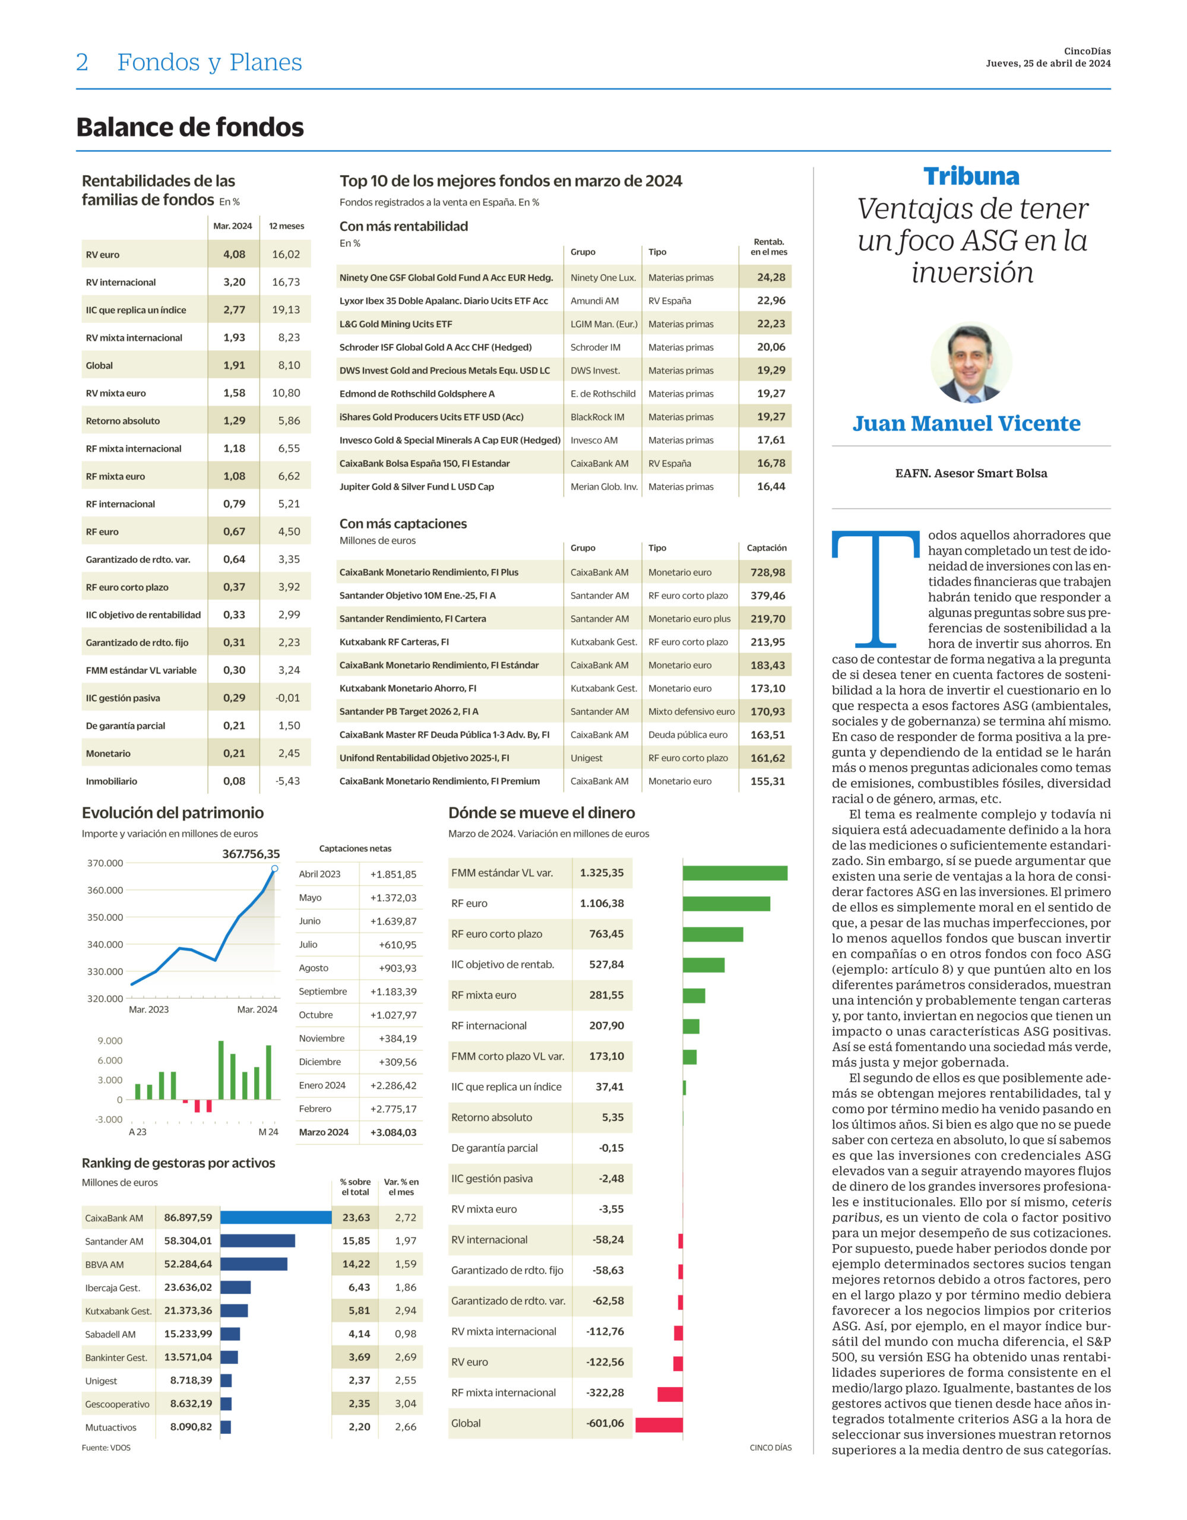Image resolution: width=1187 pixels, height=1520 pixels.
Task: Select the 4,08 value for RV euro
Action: (234, 254)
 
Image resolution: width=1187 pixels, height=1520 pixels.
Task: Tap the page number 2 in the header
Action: (82, 62)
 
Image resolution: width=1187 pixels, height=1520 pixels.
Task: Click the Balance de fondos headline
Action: (190, 128)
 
